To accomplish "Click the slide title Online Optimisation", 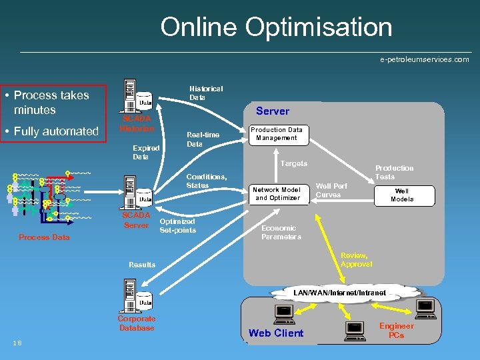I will coord(276,27).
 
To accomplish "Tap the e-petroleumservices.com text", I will coord(424,59).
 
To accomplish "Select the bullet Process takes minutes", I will coord(51,102).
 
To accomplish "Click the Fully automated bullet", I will coord(56,131).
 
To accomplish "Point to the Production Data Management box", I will coord(276,134).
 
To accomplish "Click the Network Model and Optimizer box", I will coord(277,193).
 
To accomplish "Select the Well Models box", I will coord(402,195).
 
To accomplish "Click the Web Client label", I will coord(275,333).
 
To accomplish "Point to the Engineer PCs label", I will coord(396,330).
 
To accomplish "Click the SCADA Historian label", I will coord(137,123).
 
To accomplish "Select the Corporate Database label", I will coord(136,323).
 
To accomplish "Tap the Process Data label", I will coord(44,237).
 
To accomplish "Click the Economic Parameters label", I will coord(281,232).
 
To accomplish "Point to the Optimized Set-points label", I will coord(177,225).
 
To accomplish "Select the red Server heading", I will coord(273,111).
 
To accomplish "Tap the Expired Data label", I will coord(146,152).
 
